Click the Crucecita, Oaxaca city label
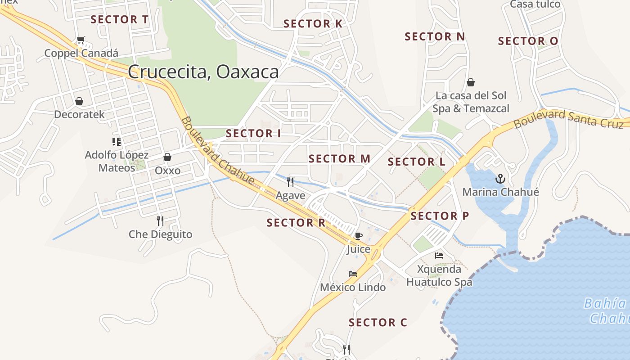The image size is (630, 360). tap(203, 72)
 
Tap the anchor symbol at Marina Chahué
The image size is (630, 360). tap(500, 179)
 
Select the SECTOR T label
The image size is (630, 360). tap(119, 19)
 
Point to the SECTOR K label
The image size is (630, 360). tap(313, 24)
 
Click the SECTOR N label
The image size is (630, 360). tap(435, 36)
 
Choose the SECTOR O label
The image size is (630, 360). tap(528, 41)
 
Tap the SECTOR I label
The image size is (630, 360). tap(253, 133)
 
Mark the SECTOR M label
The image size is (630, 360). tap(339, 158)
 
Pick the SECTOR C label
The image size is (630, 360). tap(378, 322)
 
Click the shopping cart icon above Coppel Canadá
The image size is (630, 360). tap(81, 40)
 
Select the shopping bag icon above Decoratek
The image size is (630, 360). tap(79, 101)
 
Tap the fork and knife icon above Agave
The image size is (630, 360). tap(290, 182)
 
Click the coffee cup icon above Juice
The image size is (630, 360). tap(358, 236)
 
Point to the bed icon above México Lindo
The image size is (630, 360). tap(353, 274)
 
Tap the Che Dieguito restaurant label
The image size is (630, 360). tap(160, 234)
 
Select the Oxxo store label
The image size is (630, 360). tap(167, 171)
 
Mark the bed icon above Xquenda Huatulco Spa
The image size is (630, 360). tap(439, 256)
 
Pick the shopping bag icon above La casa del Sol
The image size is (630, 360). tap(471, 82)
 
